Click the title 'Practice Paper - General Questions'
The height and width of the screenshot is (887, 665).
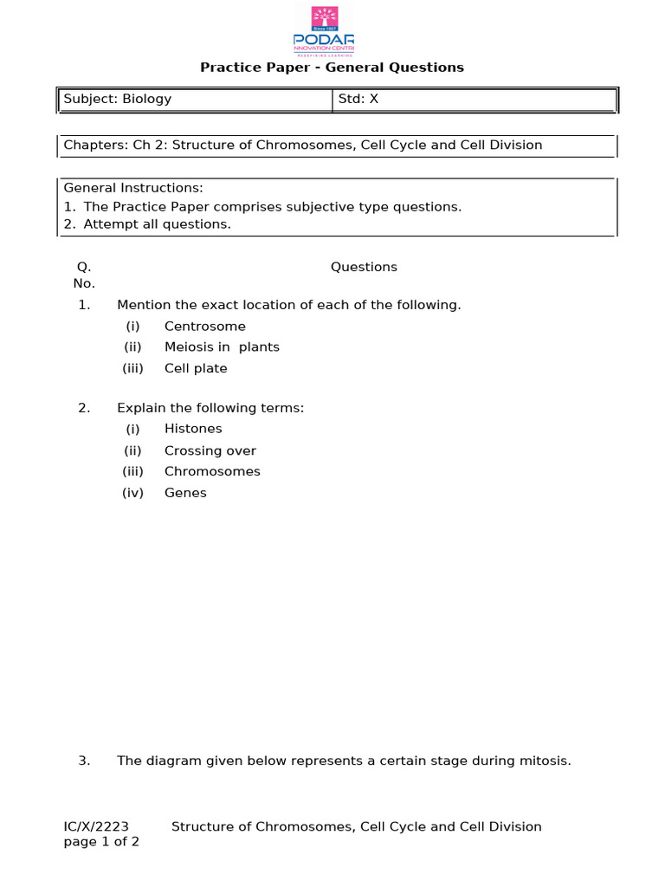[332, 68]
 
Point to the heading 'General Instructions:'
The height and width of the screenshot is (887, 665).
[133, 188]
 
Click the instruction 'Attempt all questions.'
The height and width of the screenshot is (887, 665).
[157, 224]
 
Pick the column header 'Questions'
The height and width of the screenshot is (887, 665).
[364, 267]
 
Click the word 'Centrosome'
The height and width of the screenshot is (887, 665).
[204, 327]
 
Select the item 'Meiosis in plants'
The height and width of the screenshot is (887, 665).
[222, 347]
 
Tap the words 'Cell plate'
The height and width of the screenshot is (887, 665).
[196, 368]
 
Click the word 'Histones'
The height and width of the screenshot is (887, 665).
[193, 429]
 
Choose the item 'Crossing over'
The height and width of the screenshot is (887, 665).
[210, 450]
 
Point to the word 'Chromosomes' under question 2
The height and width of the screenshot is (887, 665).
[212, 471]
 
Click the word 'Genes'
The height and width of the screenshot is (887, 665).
[185, 493]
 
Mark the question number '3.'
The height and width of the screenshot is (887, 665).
[84, 761]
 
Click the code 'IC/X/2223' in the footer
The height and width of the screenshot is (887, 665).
[96, 826]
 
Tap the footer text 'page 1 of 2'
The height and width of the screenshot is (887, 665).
[101, 842]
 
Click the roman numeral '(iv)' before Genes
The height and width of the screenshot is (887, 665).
[132, 493]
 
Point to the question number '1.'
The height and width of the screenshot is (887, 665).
[84, 305]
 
